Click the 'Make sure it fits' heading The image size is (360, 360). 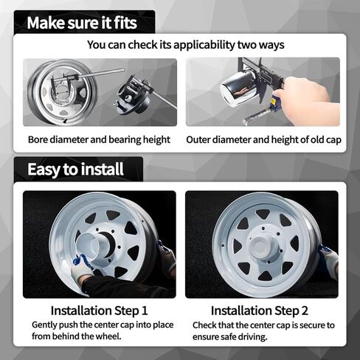click(81, 22)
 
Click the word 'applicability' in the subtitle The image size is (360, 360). click(198, 45)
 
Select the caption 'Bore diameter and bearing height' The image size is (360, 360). click(99, 139)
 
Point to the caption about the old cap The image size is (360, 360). click(263, 139)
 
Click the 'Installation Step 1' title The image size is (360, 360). click(99, 311)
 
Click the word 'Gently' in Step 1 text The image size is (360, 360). click(46, 325)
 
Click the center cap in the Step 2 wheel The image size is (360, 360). click(263, 247)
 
